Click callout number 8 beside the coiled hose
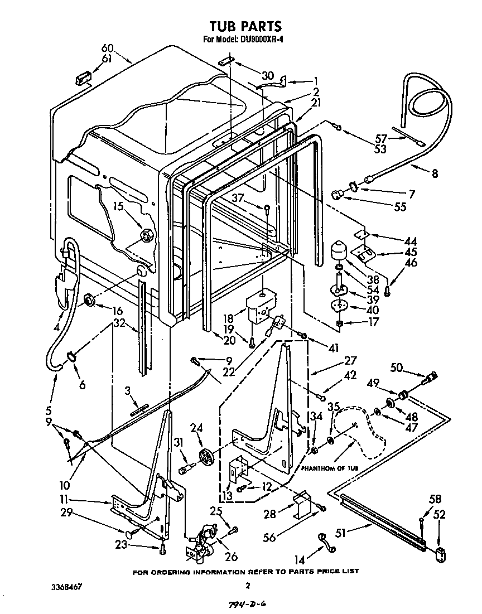tap(434, 173)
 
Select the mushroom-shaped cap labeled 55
tap(337, 194)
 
